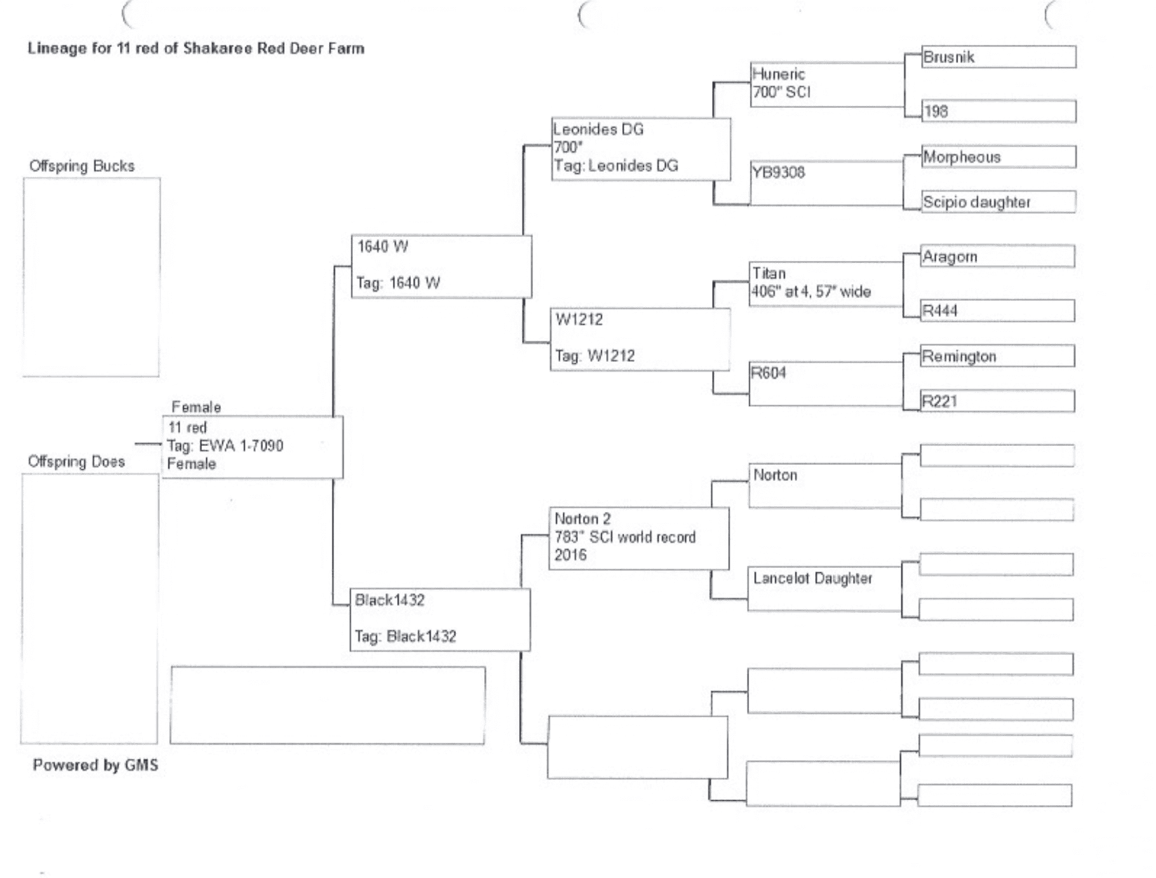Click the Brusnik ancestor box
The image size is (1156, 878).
(x=998, y=57)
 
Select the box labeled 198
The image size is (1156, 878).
(x=998, y=111)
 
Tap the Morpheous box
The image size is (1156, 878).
(x=998, y=157)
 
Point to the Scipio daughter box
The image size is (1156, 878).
(x=998, y=202)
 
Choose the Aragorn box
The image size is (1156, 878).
(x=997, y=257)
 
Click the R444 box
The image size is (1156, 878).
(x=997, y=311)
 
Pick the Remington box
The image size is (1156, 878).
(x=997, y=356)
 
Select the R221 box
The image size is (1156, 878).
(x=997, y=401)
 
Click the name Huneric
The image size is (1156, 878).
(x=779, y=74)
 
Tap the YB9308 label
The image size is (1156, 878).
(x=779, y=173)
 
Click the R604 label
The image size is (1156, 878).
(x=769, y=373)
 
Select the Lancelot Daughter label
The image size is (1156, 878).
(x=812, y=579)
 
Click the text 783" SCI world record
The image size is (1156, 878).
(x=625, y=537)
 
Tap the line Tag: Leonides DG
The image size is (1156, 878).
(x=616, y=166)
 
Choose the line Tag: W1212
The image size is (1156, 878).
(x=595, y=356)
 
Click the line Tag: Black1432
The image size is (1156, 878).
(x=405, y=637)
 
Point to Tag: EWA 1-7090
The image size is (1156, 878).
(x=225, y=446)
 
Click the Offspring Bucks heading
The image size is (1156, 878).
(x=82, y=166)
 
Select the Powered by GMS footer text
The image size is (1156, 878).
(x=95, y=765)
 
